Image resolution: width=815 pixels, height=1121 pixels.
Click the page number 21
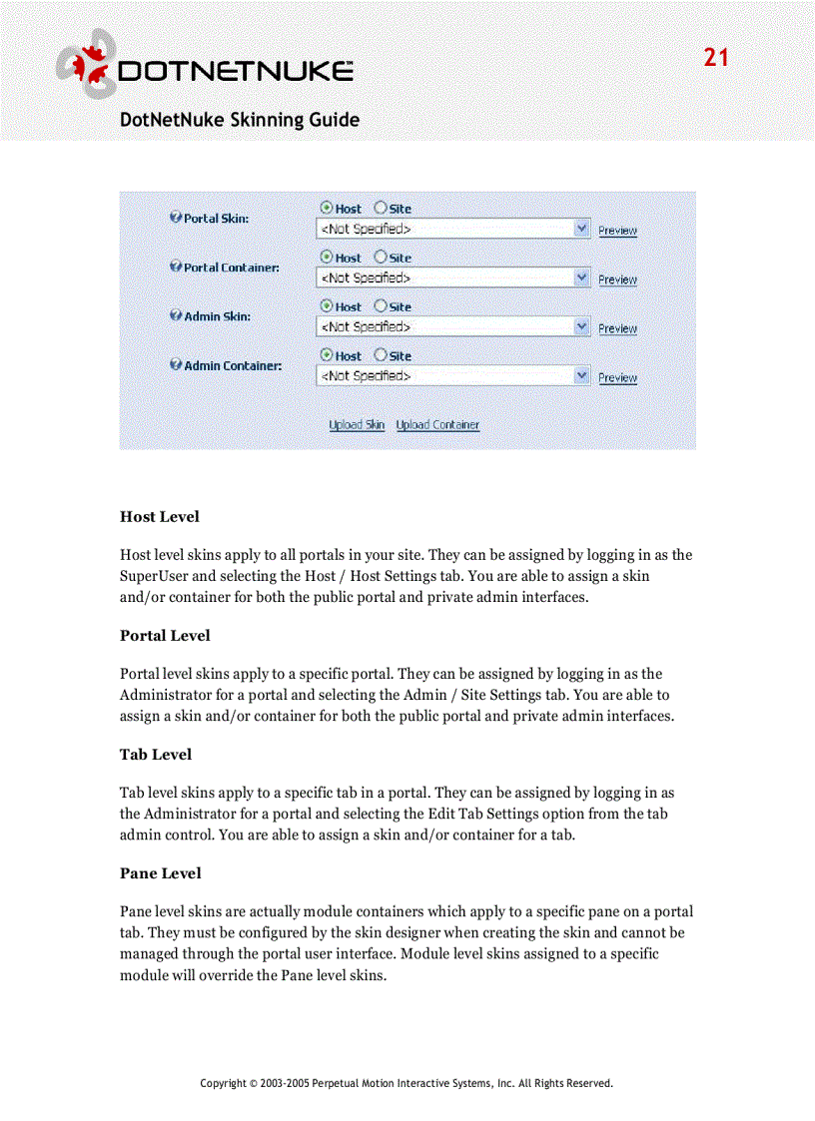click(x=716, y=58)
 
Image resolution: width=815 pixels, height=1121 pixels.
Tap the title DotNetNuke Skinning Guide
click(x=239, y=120)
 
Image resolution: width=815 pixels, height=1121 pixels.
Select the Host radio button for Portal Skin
click(x=327, y=208)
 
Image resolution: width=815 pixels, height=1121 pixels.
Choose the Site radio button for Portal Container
click(x=381, y=257)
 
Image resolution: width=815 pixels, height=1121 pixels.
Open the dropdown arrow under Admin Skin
click(x=582, y=326)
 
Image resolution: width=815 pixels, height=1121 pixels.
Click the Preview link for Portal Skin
click(x=617, y=231)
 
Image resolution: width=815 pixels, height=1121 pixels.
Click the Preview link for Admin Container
click(x=617, y=378)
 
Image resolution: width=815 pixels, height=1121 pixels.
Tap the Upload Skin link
click(x=357, y=425)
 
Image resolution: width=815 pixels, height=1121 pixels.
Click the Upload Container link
click(x=437, y=425)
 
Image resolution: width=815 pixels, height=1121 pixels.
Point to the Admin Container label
click(x=232, y=365)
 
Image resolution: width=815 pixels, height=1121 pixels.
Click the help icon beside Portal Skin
click(x=176, y=218)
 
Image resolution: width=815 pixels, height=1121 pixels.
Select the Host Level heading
click(x=160, y=517)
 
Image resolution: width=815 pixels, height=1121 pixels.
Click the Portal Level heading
click(x=165, y=636)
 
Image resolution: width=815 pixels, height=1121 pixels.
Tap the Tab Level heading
click(x=156, y=755)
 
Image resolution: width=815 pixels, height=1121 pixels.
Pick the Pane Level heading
click(x=161, y=873)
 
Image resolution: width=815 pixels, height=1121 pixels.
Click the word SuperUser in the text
click(x=153, y=576)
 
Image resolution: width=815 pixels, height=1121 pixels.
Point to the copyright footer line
click(x=407, y=1083)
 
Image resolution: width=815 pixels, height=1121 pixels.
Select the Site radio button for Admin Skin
click(x=381, y=305)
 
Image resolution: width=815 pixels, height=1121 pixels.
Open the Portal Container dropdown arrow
click(x=582, y=278)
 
